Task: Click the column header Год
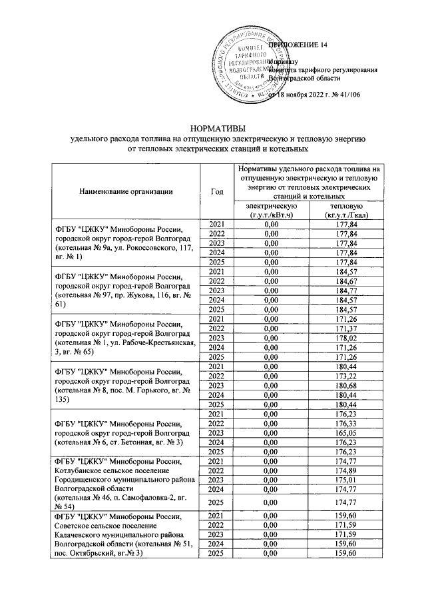click(216, 191)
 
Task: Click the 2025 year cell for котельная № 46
click(216, 500)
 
